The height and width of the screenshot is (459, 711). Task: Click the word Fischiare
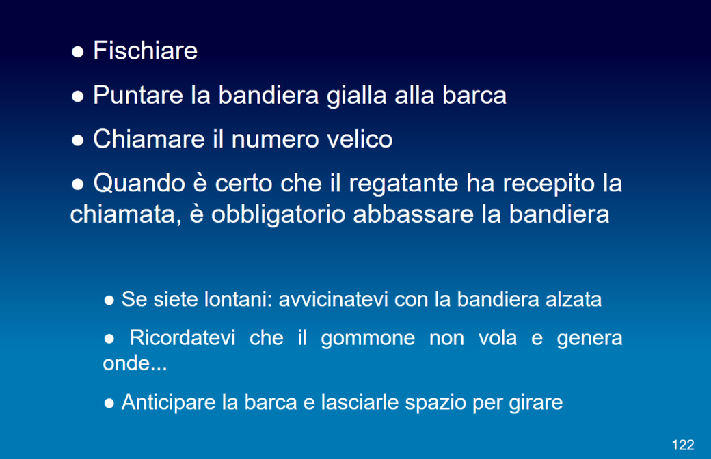145,51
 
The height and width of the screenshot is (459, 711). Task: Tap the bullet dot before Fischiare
77,52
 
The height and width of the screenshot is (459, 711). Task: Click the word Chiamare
149,139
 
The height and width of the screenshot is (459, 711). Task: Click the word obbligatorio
278,214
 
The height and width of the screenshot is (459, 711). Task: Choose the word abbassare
413,213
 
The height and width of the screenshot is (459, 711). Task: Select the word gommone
368,339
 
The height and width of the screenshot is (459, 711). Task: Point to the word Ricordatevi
183,337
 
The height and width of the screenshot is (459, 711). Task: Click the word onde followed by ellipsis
135,363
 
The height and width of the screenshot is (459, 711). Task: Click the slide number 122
683,445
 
